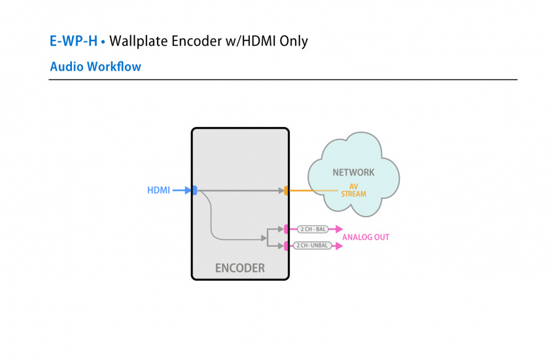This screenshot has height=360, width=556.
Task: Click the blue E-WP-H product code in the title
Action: (x=73, y=41)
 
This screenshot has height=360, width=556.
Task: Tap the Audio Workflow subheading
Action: (x=96, y=67)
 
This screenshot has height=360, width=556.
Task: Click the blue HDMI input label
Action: (x=158, y=190)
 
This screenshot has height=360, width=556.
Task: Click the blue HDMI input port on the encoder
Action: (x=194, y=190)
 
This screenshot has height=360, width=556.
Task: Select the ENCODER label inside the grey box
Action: (x=240, y=268)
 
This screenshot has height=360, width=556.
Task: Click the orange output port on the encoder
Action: (x=287, y=190)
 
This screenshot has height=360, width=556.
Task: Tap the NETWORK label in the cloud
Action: (x=353, y=173)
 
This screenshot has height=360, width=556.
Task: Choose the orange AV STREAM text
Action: (x=353, y=190)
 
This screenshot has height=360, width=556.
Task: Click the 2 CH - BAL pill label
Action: (x=312, y=229)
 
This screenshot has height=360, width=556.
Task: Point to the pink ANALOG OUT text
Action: (x=366, y=237)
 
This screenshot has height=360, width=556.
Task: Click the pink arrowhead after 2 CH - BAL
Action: (x=338, y=229)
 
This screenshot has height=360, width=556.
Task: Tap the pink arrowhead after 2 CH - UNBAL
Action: (x=338, y=245)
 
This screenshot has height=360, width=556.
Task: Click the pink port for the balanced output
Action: (x=287, y=229)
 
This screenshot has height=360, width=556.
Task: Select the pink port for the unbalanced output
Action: (x=287, y=245)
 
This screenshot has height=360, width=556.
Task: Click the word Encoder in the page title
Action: (x=200, y=41)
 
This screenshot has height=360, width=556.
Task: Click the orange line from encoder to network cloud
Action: (x=311, y=190)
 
